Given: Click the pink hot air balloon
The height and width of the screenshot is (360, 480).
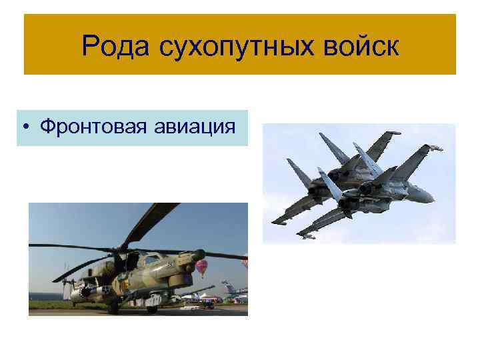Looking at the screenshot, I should click(201, 268).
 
